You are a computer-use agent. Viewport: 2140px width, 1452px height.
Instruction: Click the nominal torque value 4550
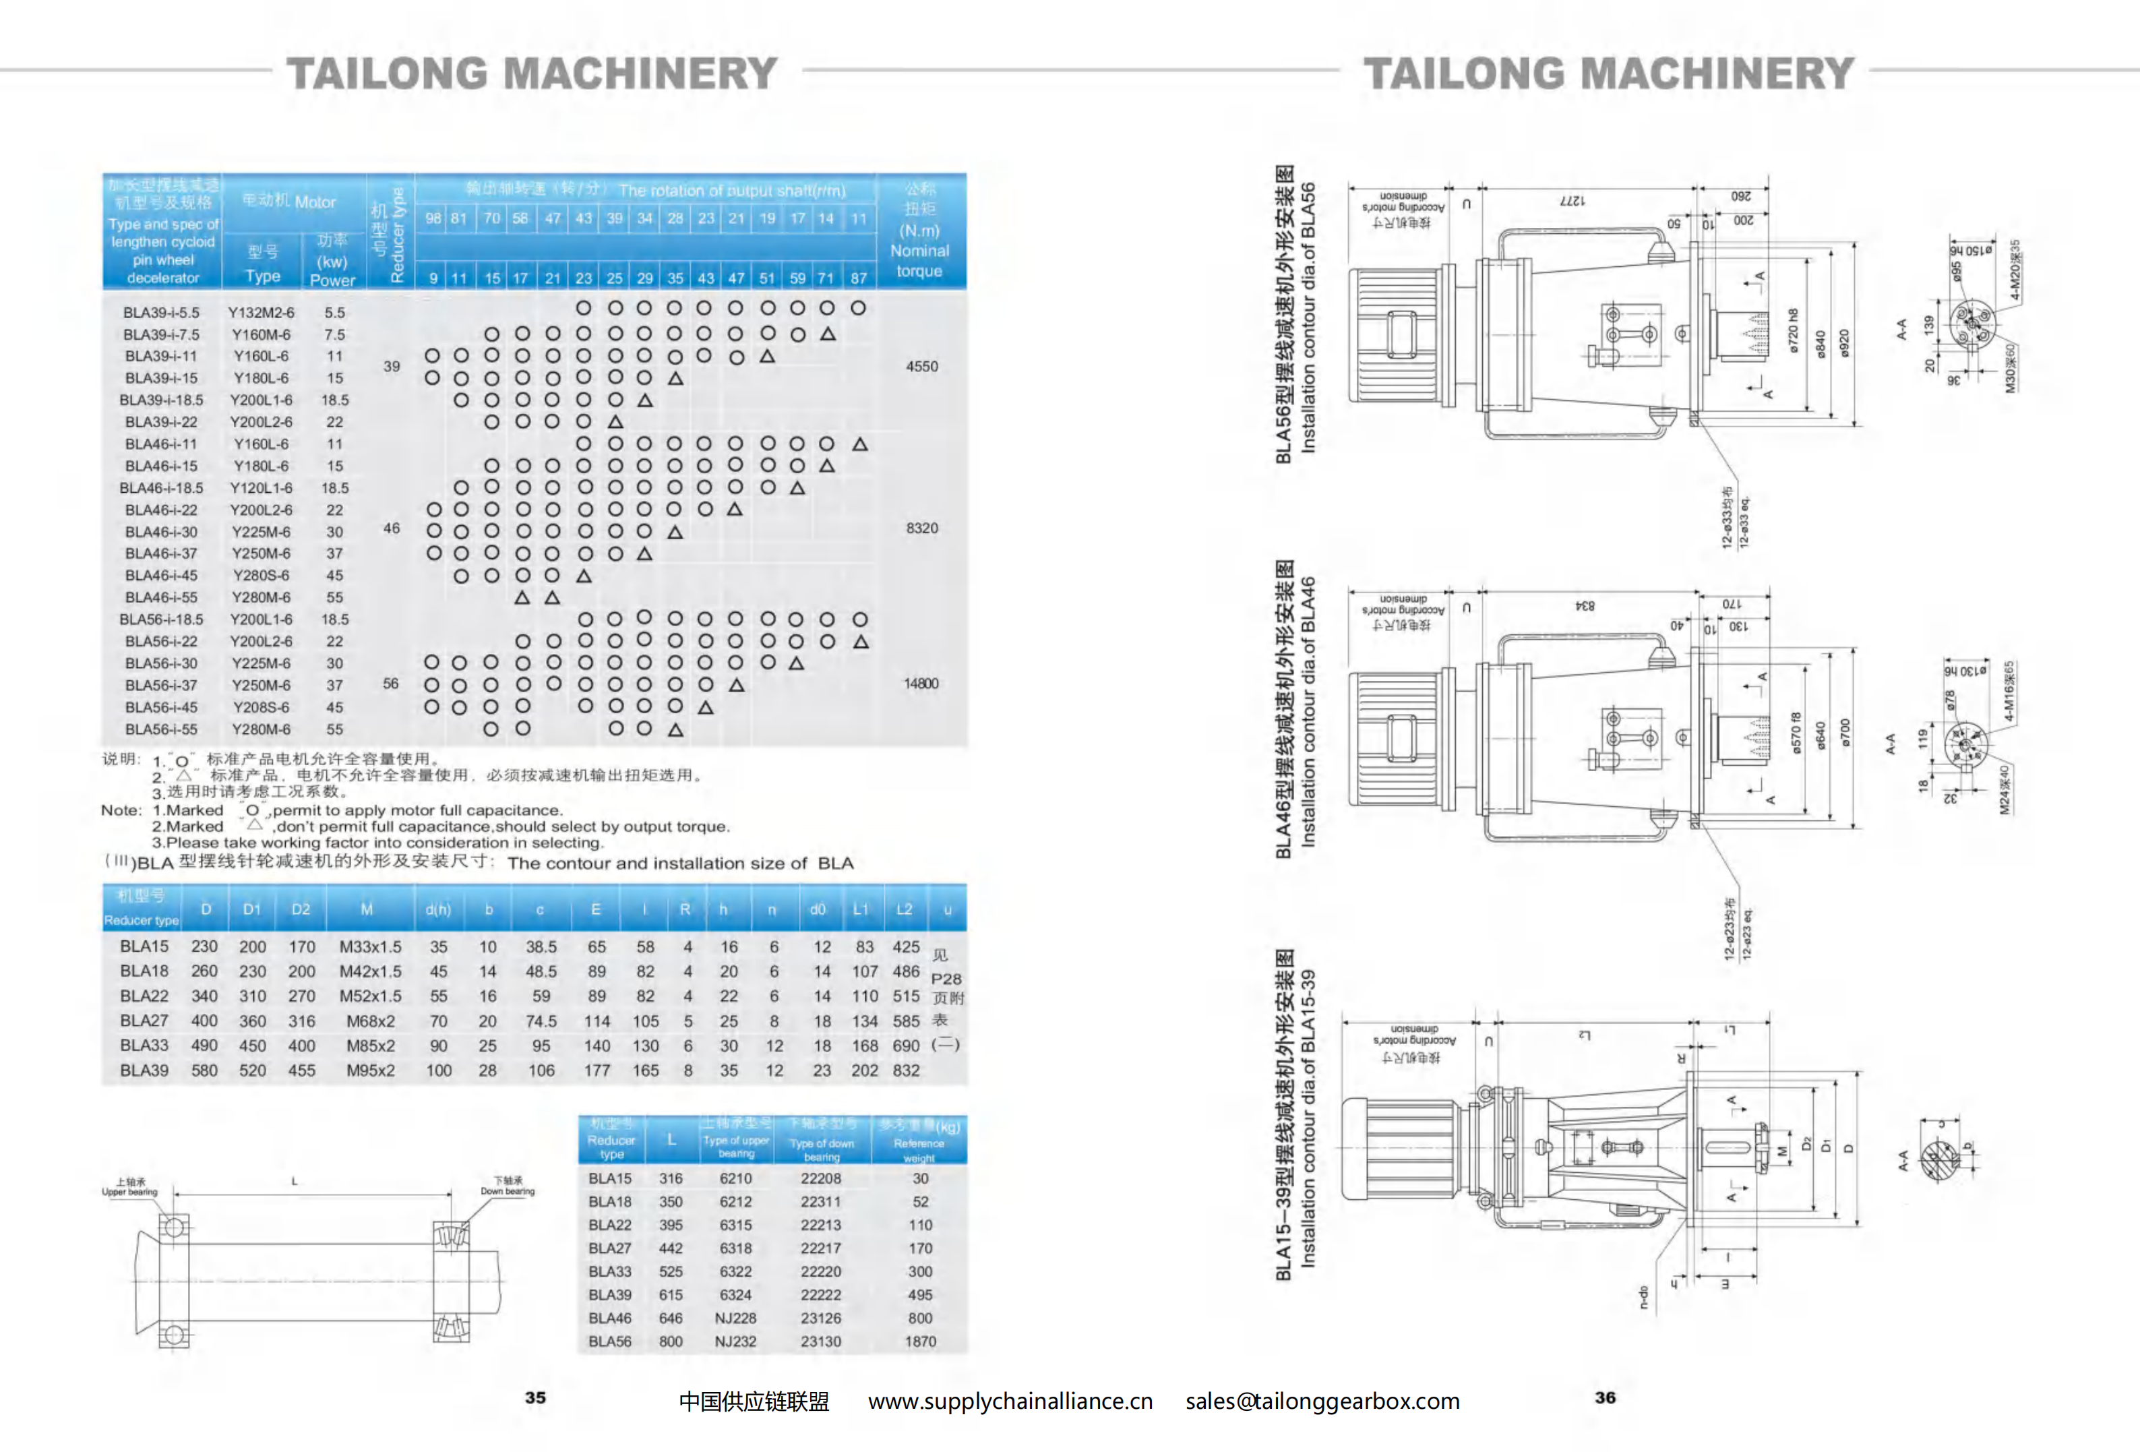(921, 367)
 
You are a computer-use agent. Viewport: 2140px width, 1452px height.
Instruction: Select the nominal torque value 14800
(921, 683)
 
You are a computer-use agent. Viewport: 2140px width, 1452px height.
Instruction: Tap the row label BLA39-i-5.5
(161, 313)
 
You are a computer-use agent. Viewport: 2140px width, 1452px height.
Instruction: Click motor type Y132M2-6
(262, 313)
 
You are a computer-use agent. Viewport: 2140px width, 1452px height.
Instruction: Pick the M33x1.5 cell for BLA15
(370, 946)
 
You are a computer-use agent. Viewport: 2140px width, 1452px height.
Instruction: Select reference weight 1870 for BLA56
(920, 1341)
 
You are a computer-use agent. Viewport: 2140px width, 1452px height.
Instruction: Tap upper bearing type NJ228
(735, 1319)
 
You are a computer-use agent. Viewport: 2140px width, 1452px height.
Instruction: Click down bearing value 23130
(820, 1341)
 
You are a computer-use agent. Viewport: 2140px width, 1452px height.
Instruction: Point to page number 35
(535, 1397)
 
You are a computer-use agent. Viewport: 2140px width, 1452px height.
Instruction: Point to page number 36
(1605, 1397)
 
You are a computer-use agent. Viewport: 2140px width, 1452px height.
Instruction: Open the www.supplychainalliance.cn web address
(1010, 1401)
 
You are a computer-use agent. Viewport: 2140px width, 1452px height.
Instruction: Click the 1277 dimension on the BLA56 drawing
(1572, 201)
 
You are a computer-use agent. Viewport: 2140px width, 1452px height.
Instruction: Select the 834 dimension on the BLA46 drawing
(1584, 606)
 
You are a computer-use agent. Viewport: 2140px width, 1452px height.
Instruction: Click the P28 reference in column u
(946, 979)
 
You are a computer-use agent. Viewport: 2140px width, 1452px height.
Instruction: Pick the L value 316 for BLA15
(671, 1178)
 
